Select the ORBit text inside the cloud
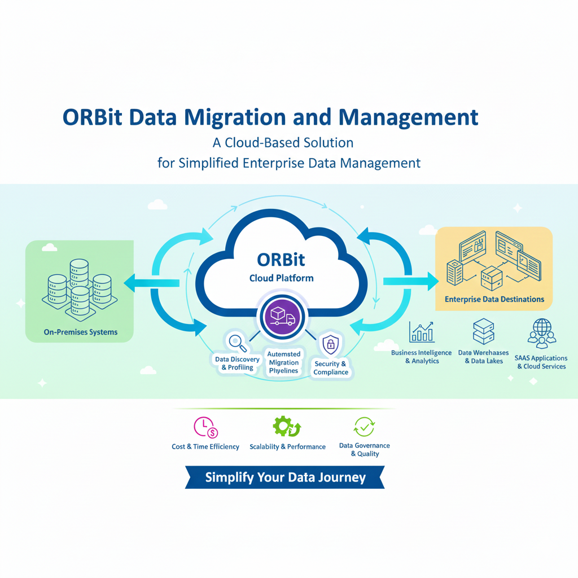281,259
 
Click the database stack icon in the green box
77,287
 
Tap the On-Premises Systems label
81,332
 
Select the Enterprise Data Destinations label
494,299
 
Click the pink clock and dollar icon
205,427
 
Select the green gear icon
287,427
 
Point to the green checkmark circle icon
364,427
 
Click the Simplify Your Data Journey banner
285,478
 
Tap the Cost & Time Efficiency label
205,446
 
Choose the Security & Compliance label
331,368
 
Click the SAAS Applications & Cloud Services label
541,362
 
